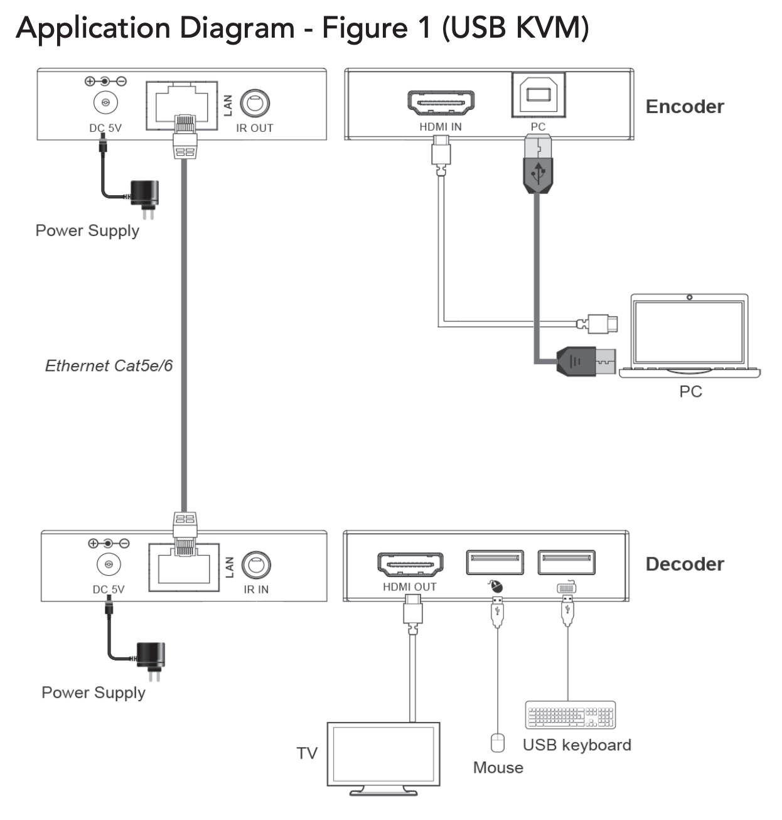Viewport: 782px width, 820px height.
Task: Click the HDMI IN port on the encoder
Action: coord(441,102)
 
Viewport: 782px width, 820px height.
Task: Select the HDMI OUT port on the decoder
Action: coord(410,564)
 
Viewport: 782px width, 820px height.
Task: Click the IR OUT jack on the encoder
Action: coord(255,103)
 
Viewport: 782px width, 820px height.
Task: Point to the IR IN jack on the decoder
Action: coord(256,565)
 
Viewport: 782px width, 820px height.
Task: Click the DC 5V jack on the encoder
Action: coord(105,103)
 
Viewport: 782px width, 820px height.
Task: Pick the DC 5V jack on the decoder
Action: coord(109,565)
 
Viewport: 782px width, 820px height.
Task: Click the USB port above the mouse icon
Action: coord(495,563)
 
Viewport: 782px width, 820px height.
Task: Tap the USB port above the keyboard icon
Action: coord(566,563)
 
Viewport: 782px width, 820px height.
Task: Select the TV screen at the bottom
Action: coord(383,753)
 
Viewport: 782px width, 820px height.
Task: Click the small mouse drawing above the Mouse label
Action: coord(497,743)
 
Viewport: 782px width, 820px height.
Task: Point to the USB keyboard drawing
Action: coord(570,715)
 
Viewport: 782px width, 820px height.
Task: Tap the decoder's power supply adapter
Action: coord(151,658)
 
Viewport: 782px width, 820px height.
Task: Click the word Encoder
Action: coord(685,107)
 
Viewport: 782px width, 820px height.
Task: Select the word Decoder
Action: coord(685,564)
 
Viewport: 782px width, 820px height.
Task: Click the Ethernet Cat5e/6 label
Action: coord(109,365)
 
